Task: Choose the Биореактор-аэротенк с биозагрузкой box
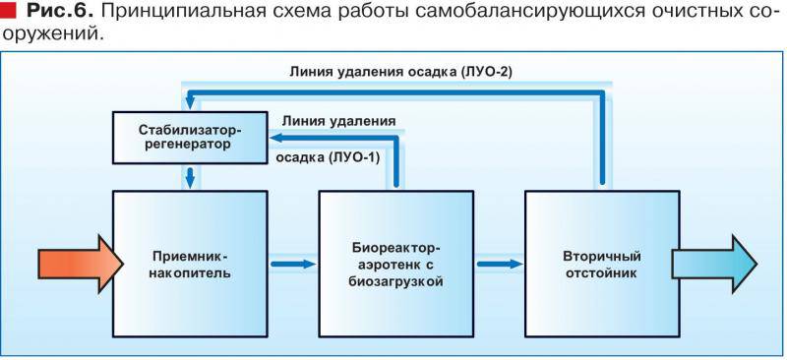point(396,263)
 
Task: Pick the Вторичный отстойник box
point(602,263)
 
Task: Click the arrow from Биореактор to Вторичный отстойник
point(500,264)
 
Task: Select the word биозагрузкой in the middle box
point(396,281)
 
